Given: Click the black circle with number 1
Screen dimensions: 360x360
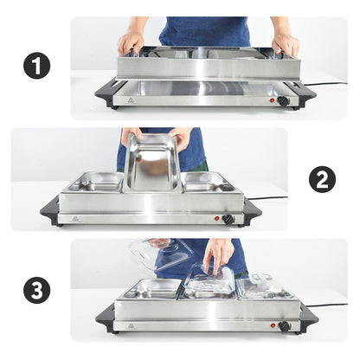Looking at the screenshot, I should [x=36, y=66].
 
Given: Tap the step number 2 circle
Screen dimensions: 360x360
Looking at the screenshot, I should [x=322, y=179].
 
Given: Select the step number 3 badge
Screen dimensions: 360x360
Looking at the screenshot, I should [x=36, y=290].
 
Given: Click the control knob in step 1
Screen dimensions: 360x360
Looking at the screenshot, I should [x=283, y=100].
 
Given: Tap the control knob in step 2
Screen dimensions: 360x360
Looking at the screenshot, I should [x=228, y=219].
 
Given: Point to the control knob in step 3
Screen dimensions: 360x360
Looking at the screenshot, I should [x=283, y=326].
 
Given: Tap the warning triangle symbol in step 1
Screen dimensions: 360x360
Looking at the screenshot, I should [x=132, y=100].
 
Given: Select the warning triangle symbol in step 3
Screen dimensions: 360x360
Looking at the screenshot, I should [x=131, y=326].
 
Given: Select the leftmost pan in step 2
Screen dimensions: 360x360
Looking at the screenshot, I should [x=94, y=182].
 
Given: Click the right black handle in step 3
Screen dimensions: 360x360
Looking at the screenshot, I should [x=308, y=318].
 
